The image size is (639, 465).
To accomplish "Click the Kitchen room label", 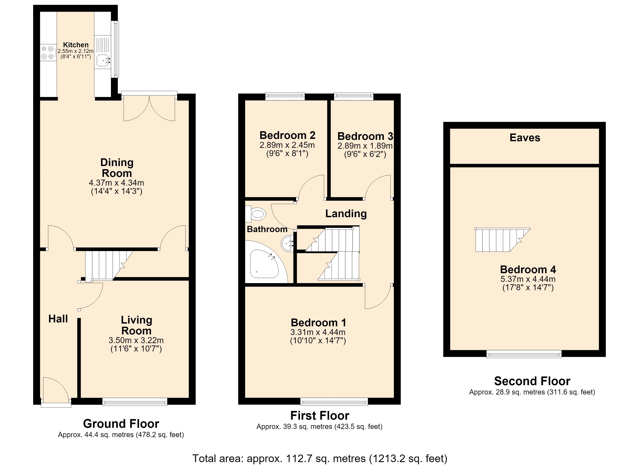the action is click(x=76, y=45).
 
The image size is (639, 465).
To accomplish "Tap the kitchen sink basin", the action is click(x=103, y=60).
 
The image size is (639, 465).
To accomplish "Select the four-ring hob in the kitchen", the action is click(x=47, y=53).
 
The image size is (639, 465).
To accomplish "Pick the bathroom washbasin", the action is click(x=287, y=243).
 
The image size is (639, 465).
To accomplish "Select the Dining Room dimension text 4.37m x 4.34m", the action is click(x=116, y=183).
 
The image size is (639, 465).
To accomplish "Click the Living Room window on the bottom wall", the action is click(x=135, y=402).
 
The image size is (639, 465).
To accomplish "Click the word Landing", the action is click(x=346, y=214).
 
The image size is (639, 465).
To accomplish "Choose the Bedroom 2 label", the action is click(x=287, y=135).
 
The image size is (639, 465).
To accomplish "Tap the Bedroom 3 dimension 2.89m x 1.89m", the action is click(x=365, y=146).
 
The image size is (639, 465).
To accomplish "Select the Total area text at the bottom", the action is click(x=320, y=458).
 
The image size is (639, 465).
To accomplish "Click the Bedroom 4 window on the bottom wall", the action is click(x=524, y=354).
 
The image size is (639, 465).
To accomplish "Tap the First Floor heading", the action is click(x=320, y=415).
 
